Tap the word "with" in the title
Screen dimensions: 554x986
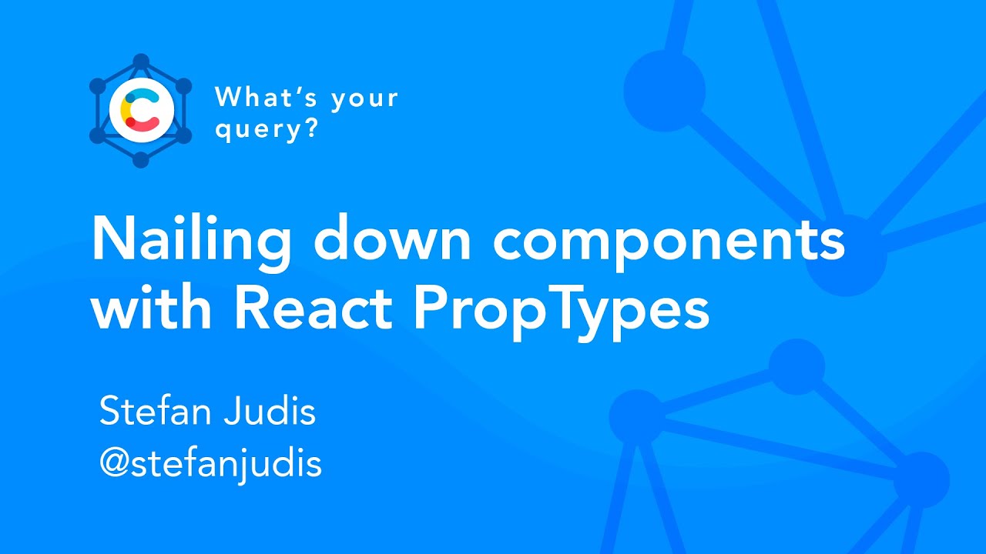[x=153, y=307]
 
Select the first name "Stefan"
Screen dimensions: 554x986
[x=155, y=412]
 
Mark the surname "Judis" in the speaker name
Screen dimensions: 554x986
[x=270, y=412]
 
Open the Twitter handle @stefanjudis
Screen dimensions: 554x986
[x=210, y=464]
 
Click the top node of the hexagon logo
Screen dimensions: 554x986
[x=140, y=62]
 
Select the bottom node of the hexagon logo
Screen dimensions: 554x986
[x=140, y=160]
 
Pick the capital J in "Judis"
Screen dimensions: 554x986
[x=233, y=412]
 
